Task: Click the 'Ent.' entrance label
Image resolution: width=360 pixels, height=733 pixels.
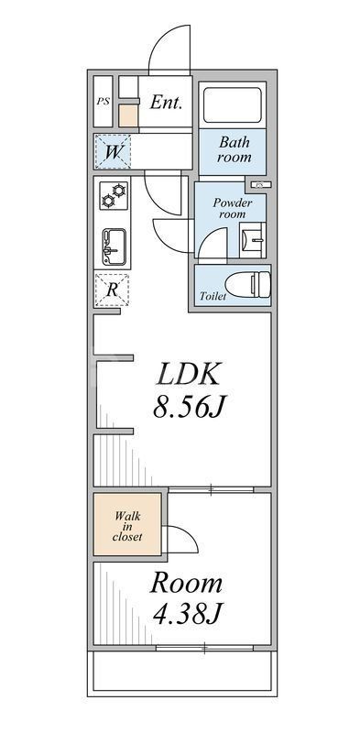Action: (x=166, y=102)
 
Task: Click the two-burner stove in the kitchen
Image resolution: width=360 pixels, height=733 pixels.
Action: (x=115, y=196)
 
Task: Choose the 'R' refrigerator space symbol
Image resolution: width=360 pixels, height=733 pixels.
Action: (x=113, y=290)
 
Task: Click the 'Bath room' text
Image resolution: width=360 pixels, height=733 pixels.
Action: (x=234, y=149)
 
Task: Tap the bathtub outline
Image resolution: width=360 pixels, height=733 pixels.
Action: (x=232, y=105)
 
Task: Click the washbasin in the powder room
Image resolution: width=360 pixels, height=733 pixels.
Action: (x=253, y=240)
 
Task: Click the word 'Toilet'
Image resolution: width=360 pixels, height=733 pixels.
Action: (x=213, y=297)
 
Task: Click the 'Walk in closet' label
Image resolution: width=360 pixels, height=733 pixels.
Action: (x=127, y=526)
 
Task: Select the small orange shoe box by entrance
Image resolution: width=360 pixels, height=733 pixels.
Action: (x=128, y=116)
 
